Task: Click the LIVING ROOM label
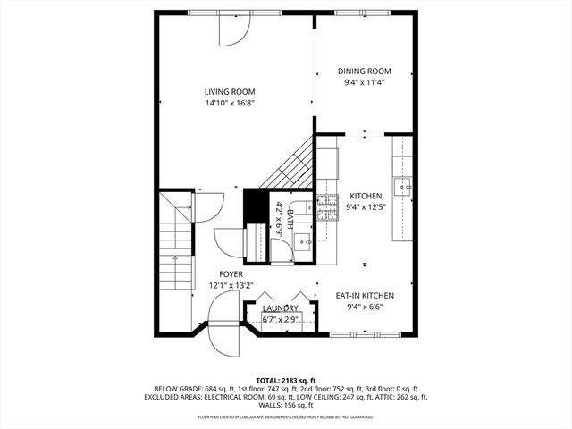tap(230, 91)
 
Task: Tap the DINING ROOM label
tap(364, 71)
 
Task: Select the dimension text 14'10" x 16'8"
tap(230, 103)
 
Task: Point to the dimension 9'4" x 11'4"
tap(364, 83)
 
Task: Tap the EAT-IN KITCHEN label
tap(365, 295)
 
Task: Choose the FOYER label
tap(231, 274)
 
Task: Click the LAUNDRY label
tap(281, 308)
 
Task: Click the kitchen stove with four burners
tap(327, 202)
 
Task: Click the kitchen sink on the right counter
tap(403, 187)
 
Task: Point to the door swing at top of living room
tap(231, 29)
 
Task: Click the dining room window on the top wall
tap(362, 12)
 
